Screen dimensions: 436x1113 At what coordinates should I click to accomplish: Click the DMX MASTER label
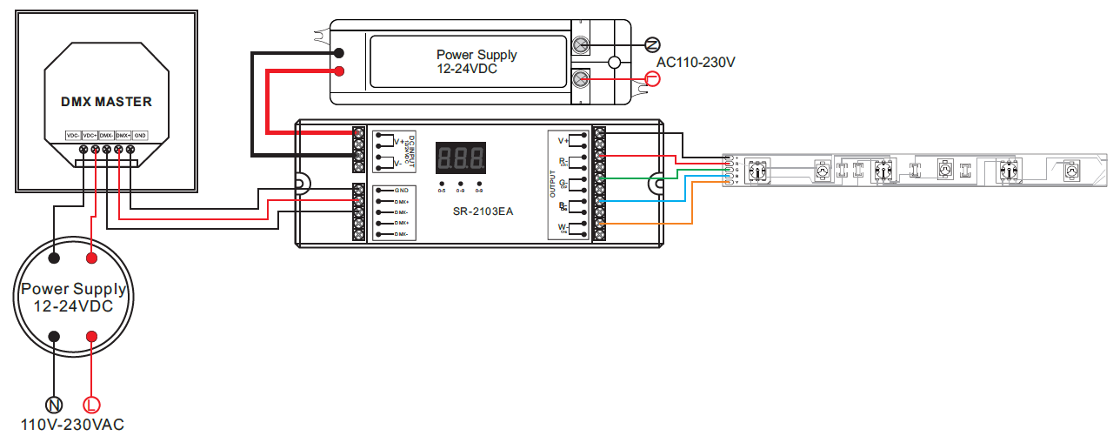pyautogui.click(x=106, y=102)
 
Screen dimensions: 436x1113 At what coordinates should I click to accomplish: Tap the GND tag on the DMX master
pyautogui.click(x=141, y=136)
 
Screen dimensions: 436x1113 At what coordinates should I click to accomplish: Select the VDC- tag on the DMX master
pyautogui.click(x=73, y=136)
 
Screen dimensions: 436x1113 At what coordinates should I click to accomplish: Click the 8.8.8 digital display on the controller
pyautogui.click(x=460, y=158)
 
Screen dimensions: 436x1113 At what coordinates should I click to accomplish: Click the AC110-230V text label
pyautogui.click(x=696, y=63)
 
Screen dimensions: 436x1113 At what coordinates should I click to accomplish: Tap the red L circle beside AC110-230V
pyautogui.click(x=653, y=79)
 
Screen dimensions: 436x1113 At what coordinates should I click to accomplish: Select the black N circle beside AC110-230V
pyautogui.click(x=653, y=44)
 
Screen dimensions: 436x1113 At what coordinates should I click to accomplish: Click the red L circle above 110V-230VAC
pyautogui.click(x=91, y=405)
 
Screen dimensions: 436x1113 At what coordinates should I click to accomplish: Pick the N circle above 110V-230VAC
pyautogui.click(x=54, y=405)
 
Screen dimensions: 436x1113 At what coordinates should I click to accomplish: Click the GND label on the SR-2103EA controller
pyautogui.click(x=401, y=190)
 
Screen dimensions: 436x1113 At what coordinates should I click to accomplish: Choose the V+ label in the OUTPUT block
pyautogui.click(x=563, y=140)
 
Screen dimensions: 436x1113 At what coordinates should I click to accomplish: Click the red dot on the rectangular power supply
pyautogui.click(x=339, y=71)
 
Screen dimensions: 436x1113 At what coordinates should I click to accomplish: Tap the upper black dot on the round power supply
pyautogui.click(x=54, y=258)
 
